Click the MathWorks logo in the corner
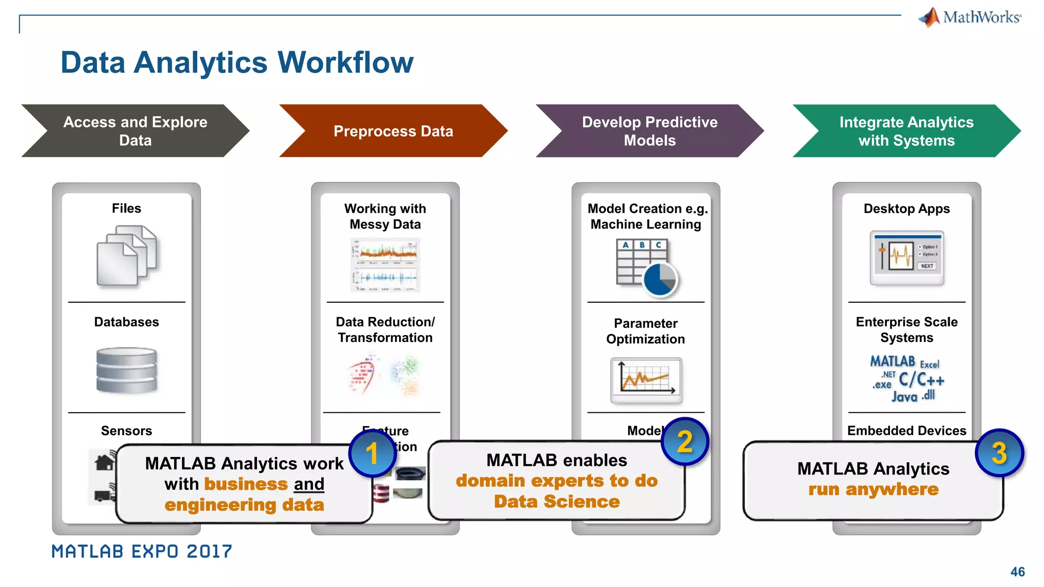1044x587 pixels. coord(970,17)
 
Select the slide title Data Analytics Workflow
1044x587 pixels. coord(237,63)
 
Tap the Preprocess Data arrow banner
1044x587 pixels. coord(393,131)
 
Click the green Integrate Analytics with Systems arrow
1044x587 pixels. coord(906,131)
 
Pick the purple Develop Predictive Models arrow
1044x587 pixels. coord(649,131)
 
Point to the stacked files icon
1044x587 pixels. coord(126,256)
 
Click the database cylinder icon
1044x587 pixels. coord(126,370)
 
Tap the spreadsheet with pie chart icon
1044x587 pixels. coord(646,268)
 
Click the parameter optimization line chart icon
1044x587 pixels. coord(646,380)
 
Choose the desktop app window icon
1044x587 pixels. coord(907,258)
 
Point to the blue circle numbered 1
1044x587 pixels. coord(372,453)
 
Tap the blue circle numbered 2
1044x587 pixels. coord(685,441)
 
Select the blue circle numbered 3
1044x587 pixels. coord(999,453)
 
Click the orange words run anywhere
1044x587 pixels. coord(873,490)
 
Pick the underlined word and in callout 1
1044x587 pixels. coord(309,484)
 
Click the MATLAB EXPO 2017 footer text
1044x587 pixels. coord(142,551)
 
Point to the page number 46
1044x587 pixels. coord(1017,572)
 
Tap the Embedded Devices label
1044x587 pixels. coord(906,431)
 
